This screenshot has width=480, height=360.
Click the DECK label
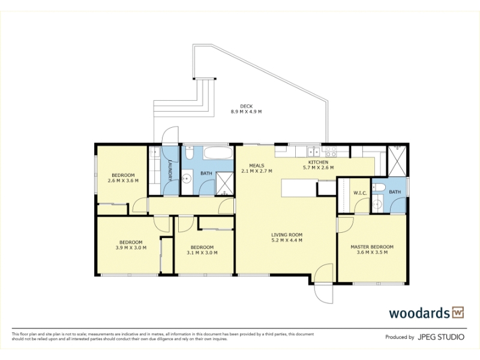[x=246, y=106]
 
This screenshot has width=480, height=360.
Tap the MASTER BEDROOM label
[x=372, y=247]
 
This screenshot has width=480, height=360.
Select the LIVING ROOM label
[x=287, y=235]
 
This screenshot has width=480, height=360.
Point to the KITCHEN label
[x=318, y=162]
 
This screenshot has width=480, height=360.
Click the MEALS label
[x=257, y=166]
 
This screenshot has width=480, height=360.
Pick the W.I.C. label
[x=360, y=193]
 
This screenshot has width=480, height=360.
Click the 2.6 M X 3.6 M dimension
[x=123, y=181]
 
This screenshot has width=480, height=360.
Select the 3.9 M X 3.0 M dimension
[x=131, y=248]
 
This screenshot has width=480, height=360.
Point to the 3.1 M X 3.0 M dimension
[x=202, y=253]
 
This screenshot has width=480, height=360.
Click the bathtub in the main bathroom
[x=218, y=153]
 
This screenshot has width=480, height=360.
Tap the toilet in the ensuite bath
[x=379, y=187]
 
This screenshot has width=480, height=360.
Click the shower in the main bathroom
[x=224, y=184]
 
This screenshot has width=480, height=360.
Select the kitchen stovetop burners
[x=331, y=151]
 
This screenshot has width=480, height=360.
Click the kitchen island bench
[x=299, y=188]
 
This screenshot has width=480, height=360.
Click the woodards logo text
[x=419, y=313]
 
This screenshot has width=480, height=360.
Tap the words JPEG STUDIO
[x=441, y=337]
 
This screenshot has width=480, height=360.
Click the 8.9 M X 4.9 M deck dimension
[x=246, y=112]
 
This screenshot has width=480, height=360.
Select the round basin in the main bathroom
[x=187, y=179]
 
